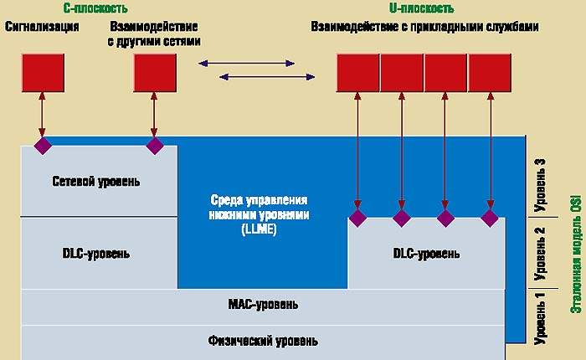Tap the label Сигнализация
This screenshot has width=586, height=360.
pyautogui.click(x=42, y=27)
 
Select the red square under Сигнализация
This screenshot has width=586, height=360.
pyautogui.click(x=42, y=72)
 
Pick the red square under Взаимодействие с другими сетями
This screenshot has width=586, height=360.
pyautogui.click(x=155, y=72)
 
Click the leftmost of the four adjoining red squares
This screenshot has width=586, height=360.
pyautogui.click(x=358, y=72)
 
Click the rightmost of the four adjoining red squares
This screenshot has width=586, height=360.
pyautogui.click(x=490, y=72)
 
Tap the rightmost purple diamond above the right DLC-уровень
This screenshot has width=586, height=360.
pyautogui.click(x=490, y=219)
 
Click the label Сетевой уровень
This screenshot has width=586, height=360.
pyautogui.click(x=95, y=182)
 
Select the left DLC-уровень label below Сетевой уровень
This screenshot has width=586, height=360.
pyautogui.click(x=95, y=253)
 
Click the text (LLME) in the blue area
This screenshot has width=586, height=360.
pyautogui.click(x=260, y=227)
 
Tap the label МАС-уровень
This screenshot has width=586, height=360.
pyautogui.click(x=263, y=304)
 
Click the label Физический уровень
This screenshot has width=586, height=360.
pyautogui.click(x=263, y=342)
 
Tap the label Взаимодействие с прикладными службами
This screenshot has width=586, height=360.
pyautogui.click(x=424, y=27)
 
